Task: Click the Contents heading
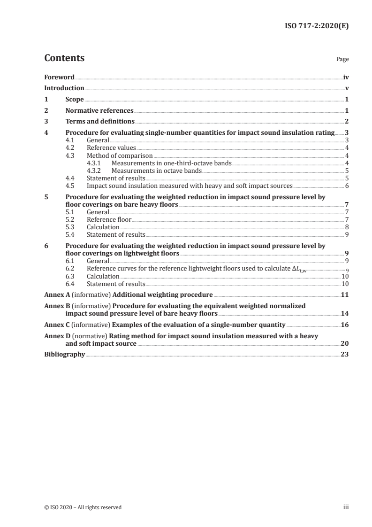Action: (64, 58)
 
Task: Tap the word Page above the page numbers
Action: (342, 60)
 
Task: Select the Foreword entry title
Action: (59, 77)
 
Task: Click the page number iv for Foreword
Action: (345, 77)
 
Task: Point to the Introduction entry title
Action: (64, 88)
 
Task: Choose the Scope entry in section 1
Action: (75, 99)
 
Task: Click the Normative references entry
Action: (99, 111)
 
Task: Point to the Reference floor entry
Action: (109, 219)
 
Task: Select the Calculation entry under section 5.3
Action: (103, 227)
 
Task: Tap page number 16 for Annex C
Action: (345, 325)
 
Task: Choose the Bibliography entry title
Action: (64, 355)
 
